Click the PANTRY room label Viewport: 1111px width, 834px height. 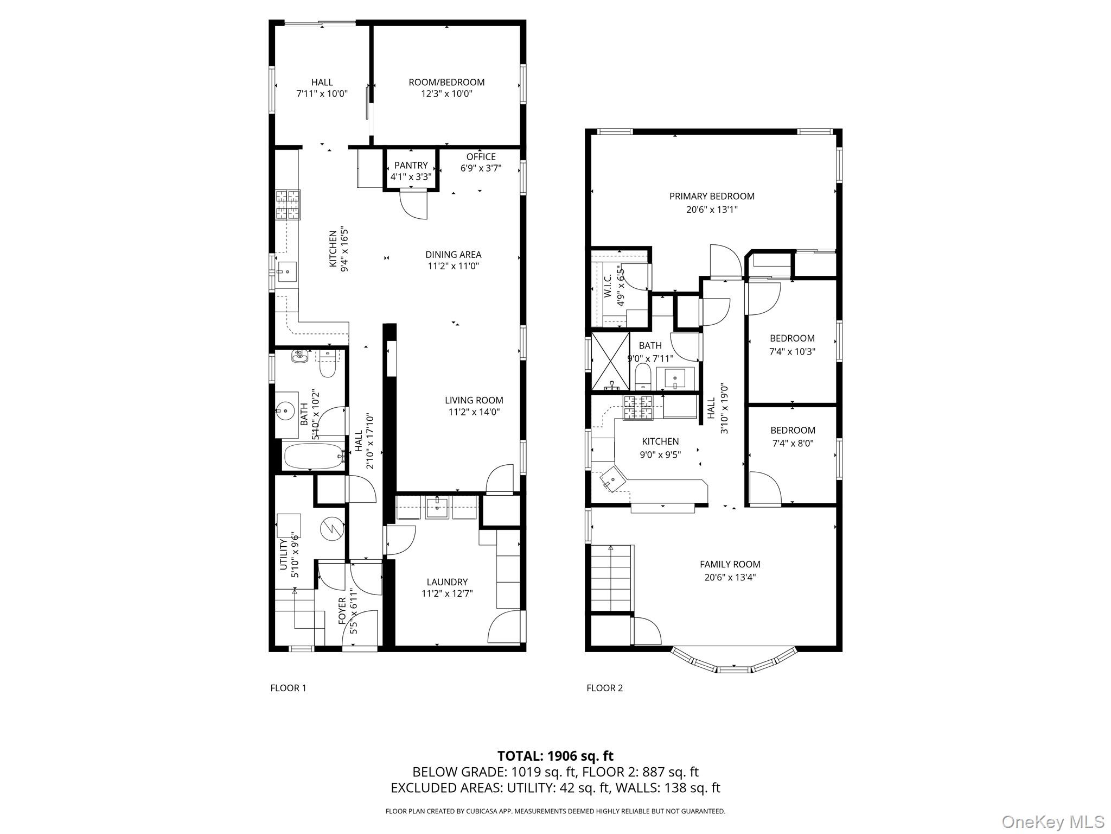pyautogui.click(x=411, y=165)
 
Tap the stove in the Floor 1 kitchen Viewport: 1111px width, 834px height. pyautogui.click(x=288, y=205)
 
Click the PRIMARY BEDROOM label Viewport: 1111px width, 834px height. pyautogui.click(x=712, y=197)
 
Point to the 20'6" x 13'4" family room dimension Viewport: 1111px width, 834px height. pyautogui.click(x=730, y=578)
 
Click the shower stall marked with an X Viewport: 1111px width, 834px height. pyautogui.click(x=610, y=361)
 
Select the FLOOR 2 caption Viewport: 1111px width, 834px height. pyautogui.click(x=604, y=688)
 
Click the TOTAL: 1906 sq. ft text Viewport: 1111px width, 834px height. pyautogui.click(x=555, y=756)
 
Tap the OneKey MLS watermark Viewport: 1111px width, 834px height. pyautogui.click(x=1053, y=822)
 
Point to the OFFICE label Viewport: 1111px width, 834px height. pyautogui.click(x=481, y=157)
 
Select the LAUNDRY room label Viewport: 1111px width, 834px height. pyautogui.click(x=446, y=582)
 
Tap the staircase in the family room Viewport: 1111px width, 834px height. pyautogui.click(x=611, y=578)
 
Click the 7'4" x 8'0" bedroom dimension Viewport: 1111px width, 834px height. pyautogui.click(x=793, y=443)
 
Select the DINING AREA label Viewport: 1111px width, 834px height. pyautogui.click(x=453, y=255)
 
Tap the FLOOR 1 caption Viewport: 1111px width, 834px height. pyautogui.click(x=288, y=688)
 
